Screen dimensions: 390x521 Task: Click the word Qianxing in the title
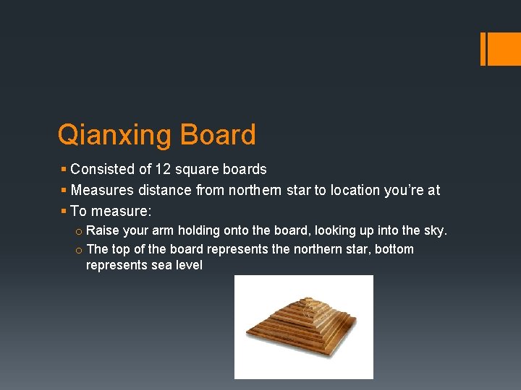[x=115, y=135]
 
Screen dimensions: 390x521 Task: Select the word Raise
[x=103, y=230]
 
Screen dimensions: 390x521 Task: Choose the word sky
[x=436, y=230]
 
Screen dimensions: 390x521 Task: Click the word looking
[x=336, y=230]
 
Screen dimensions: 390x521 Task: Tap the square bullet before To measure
[x=64, y=211]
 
